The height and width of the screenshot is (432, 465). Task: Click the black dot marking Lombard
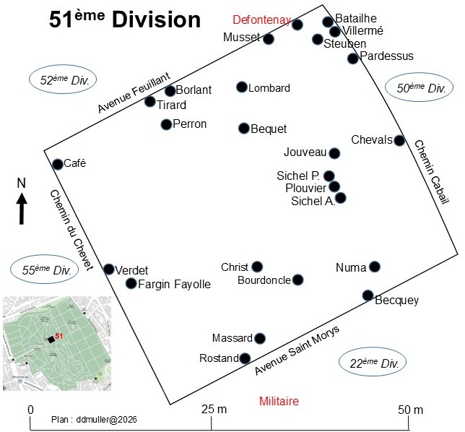coord(242,87)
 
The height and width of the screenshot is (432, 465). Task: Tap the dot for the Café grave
coord(58,164)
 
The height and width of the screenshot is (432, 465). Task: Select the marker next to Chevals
coord(399,140)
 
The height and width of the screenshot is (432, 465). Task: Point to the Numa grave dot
coord(375,267)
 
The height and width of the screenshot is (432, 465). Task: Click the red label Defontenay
coord(262,20)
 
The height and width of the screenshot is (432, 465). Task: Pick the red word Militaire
coord(279,401)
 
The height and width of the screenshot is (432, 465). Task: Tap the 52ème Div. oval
coord(63,79)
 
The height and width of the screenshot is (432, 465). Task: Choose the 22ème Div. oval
coord(373,362)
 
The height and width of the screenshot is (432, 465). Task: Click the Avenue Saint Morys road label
coord(297,350)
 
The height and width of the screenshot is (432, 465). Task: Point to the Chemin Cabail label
coord(432,172)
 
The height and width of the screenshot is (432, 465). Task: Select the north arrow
coord(22,208)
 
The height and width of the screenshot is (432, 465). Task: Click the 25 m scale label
coord(214,410)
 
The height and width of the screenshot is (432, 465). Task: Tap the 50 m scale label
coord(410,410)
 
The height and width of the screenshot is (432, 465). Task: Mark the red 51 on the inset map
coord(59,336)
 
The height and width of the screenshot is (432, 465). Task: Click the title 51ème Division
coord(125,20)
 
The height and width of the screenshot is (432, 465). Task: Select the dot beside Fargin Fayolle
coord(131,283)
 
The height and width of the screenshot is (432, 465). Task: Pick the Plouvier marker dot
coord(334,186)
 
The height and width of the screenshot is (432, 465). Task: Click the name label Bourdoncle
coord(264,280)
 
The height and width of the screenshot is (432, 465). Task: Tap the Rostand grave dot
coord(245,358)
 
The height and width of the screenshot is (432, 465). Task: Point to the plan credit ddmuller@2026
coord(94,420)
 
